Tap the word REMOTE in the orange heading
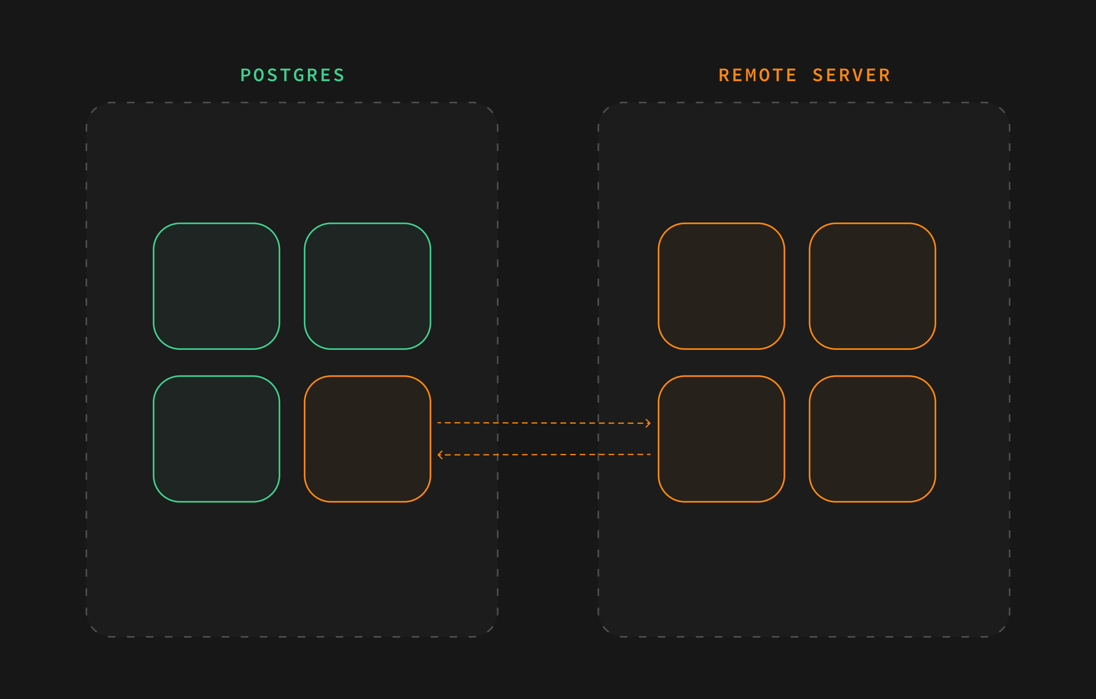pos(757,75)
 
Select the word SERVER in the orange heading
pos(851,75)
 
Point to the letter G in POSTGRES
pos(299,75)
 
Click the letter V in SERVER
pos(858,75)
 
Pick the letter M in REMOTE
pos(751,75)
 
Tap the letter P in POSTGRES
pos(245,75)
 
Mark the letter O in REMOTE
pos(765,75)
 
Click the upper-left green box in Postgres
pos(216,286)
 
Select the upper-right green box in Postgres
pos(367,286)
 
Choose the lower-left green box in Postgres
pos(216,439)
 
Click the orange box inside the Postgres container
pos(367,439)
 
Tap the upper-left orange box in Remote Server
pos(722,286)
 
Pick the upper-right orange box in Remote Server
pos(873,286)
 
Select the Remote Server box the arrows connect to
pos(722,439)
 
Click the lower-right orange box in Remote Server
pos(873,439)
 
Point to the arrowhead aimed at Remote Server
pos(648,424)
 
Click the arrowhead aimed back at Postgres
pos(440,455)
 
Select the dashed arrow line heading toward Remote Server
pos(544,423)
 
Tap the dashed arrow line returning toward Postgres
pos(544,455)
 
